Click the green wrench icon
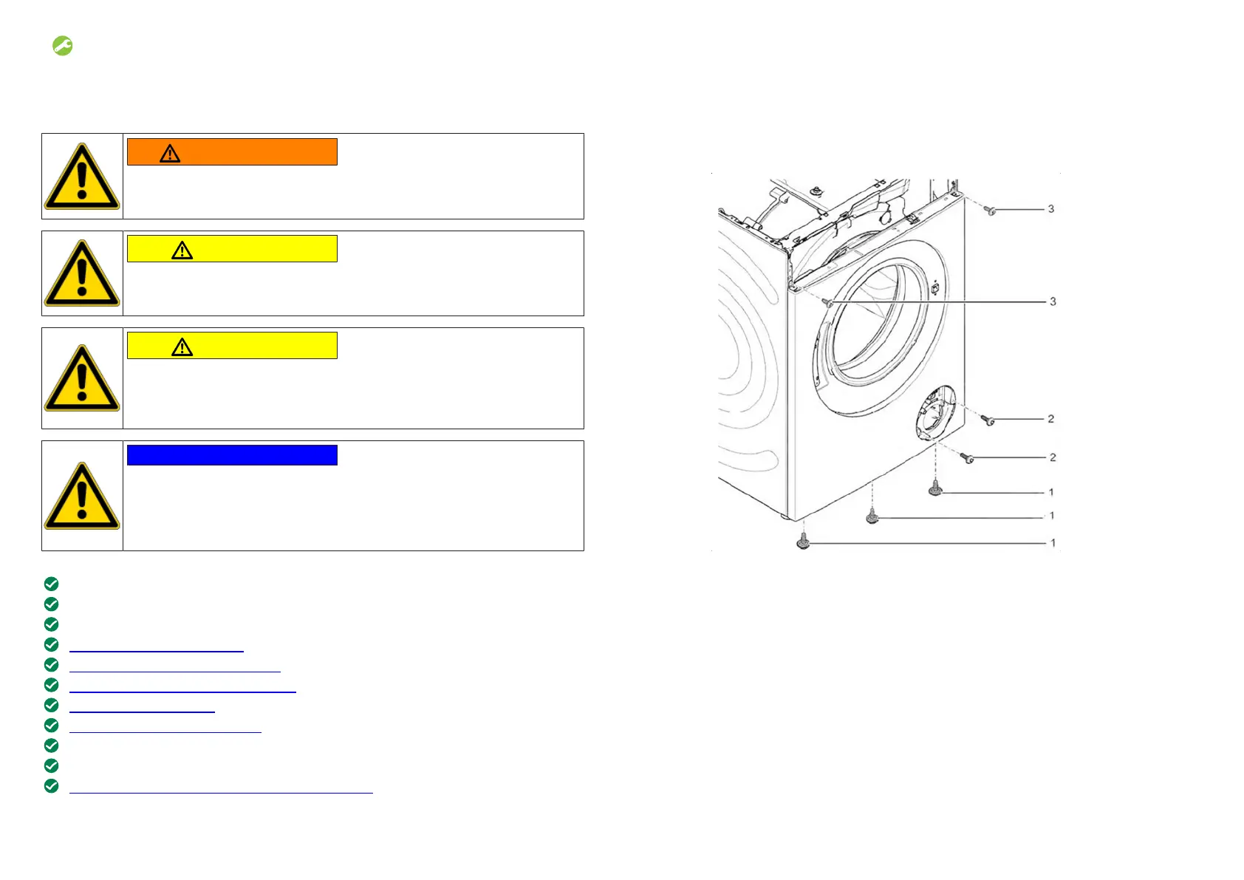63,46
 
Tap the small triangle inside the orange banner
171,154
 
